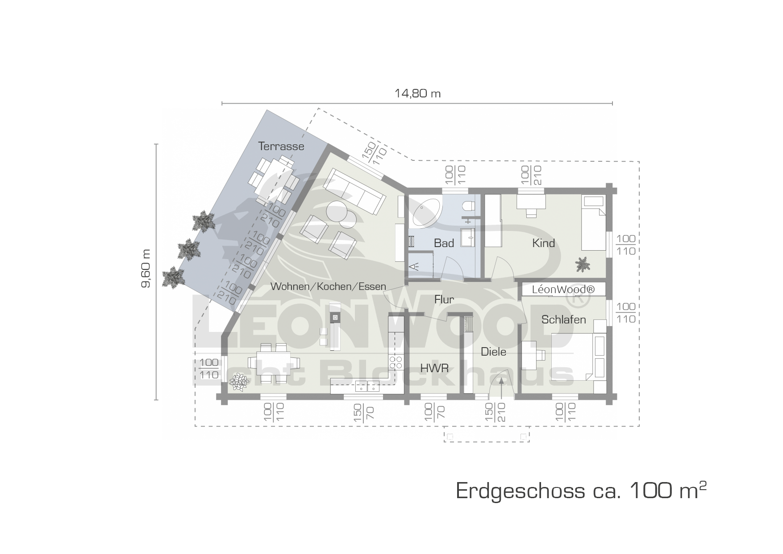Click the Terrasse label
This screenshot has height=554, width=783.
[281, 146]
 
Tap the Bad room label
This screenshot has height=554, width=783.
[444, 243]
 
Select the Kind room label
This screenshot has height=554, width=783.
[543, 243]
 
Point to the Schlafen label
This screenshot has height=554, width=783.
[563, 319]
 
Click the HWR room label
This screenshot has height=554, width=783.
[434, 368]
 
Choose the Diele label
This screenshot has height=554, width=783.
[493, 352]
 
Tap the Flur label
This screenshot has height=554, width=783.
[444, 300]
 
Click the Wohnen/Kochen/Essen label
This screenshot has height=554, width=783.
[328, 286]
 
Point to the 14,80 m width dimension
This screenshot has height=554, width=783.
[417, 93]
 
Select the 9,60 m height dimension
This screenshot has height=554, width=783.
[146, 269]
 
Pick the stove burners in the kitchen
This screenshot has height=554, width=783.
[396, 362]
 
